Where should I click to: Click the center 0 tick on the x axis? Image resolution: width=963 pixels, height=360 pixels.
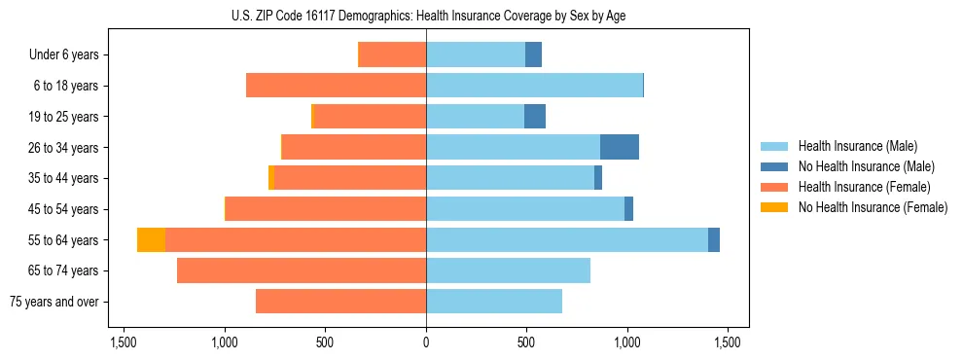426,342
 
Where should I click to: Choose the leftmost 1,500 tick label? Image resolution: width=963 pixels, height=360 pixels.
124,342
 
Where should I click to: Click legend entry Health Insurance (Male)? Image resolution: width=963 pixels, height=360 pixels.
857,146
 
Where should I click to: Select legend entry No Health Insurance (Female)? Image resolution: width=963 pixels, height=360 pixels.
872,207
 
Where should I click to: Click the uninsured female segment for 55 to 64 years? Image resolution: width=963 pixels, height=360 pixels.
151,240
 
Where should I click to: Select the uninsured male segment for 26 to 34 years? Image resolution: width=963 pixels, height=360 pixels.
620,148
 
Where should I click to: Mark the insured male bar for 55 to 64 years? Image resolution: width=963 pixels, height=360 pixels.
567,240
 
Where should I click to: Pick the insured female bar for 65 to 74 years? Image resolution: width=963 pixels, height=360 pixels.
302,270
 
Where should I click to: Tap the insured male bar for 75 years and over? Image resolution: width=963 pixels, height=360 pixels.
494,302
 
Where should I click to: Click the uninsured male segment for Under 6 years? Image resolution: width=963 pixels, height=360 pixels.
533,55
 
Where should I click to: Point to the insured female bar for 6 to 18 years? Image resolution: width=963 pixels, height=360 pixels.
336,86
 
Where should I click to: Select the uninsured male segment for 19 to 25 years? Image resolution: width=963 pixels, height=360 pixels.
535,117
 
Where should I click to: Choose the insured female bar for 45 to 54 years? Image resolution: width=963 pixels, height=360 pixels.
326,209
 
